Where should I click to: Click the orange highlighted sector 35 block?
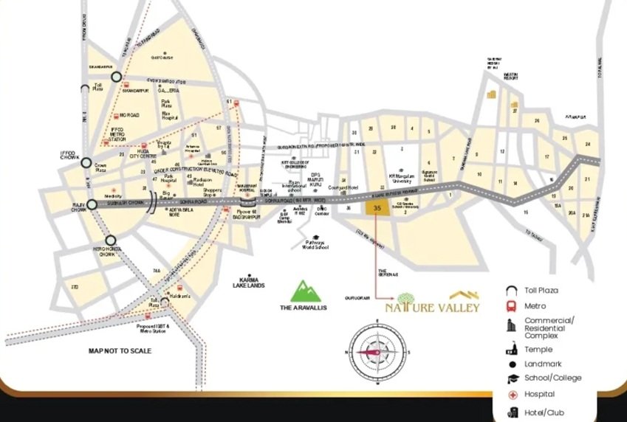point(378,208)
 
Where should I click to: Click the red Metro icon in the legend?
point(510,306)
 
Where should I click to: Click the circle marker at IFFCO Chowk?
point(86,164)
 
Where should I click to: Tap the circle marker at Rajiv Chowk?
point(92,205)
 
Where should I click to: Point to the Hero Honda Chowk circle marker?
point(110,240)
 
